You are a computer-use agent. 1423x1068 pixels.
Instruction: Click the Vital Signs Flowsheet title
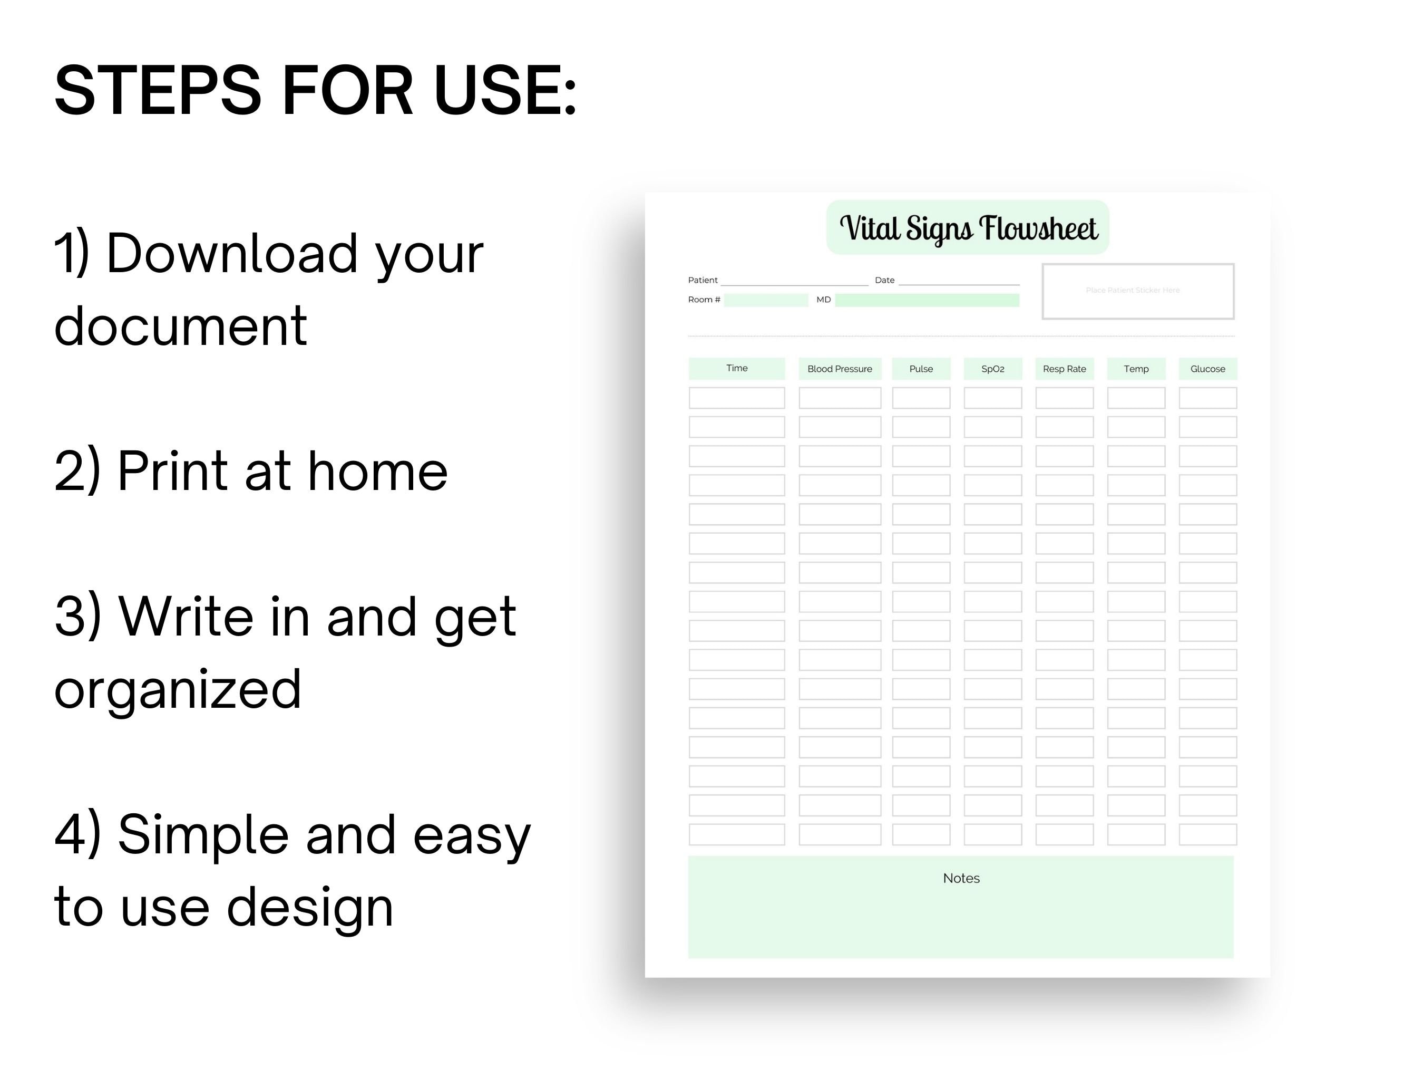968,228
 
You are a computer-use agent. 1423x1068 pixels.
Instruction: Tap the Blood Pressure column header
840,369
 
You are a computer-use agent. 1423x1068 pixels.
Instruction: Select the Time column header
737,368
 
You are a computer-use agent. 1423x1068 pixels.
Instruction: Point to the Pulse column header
921,369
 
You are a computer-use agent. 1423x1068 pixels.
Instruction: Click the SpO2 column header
992,369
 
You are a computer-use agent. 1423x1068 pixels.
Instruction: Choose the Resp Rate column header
1064,369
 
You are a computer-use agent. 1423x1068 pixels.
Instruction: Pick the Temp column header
1136,369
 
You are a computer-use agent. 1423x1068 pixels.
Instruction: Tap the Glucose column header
1207,369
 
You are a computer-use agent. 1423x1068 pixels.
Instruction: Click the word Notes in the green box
961,878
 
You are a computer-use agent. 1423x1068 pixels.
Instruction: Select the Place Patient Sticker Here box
1137,291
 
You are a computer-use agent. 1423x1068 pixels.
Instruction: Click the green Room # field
766,300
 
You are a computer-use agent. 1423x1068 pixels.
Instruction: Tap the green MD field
927,300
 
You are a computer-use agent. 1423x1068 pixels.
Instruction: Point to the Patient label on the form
703,280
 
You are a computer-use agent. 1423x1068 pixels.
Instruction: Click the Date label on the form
884,280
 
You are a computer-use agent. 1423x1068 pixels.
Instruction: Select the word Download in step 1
231,253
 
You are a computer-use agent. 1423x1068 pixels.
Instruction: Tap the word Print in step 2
172,470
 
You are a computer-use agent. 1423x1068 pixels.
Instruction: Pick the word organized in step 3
178,689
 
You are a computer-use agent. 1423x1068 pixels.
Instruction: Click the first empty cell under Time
737,398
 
